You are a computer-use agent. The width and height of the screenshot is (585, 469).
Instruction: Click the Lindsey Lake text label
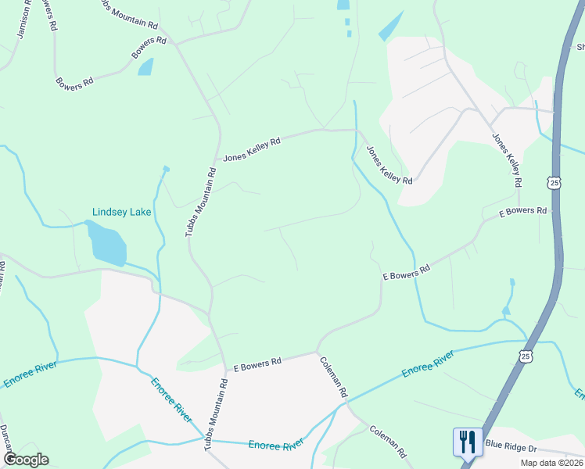pos(121,212)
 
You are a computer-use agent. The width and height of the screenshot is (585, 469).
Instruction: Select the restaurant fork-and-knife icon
pos(466,442)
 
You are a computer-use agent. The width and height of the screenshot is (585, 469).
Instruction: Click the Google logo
pos(26,460)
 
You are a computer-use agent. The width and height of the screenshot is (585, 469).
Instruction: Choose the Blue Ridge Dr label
pos(511,445)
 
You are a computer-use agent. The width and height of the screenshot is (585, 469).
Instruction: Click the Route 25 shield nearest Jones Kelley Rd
pos(554,182)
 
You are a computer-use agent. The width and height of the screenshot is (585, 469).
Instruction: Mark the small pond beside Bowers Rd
pos(145,67)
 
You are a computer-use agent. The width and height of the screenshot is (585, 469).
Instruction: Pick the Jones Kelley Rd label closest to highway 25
pos(506,159)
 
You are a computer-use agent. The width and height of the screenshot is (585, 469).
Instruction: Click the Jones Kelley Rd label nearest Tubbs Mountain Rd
pos(252,150)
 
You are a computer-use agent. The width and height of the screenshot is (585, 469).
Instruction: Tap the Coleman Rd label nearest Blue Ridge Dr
pos(389,442)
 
